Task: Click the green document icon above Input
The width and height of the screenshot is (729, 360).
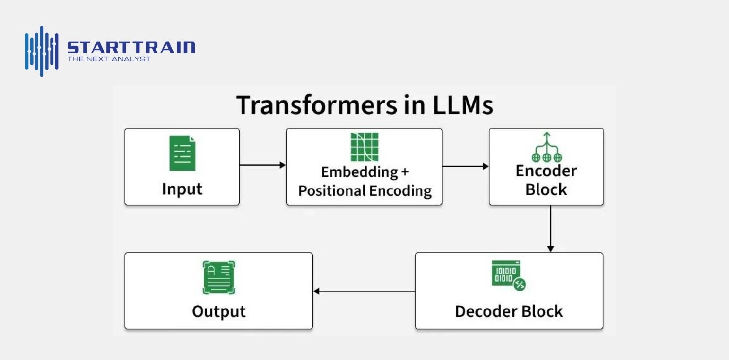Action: [182, 153]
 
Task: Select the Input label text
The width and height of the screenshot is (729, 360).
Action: [182, 189]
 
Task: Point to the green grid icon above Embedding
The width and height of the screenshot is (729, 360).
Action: [364, 147]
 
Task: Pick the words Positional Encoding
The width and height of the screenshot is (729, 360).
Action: [364, 191]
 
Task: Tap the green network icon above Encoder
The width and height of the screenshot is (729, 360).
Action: [547, 147]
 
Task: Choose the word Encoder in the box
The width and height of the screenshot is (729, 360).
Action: [546, 171]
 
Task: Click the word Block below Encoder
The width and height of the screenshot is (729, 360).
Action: [546, 189]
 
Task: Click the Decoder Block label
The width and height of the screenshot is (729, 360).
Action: [509, 311]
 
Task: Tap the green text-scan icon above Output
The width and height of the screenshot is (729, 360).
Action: [219, 278]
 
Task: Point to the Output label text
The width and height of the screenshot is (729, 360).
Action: [219, 311]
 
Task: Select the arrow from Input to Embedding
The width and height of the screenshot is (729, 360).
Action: [262, 165]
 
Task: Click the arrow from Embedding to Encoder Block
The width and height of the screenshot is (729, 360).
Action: [465, 166]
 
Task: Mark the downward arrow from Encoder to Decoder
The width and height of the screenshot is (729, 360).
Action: [550, 228]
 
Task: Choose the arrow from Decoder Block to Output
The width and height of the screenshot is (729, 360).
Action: [364, 291]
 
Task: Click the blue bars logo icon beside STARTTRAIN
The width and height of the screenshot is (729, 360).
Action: [42, 51]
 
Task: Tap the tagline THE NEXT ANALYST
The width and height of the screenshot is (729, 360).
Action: [109, 59]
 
